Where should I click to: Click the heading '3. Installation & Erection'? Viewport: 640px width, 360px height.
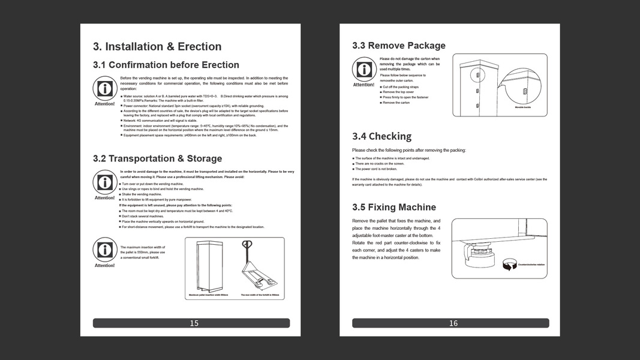pos(157,47)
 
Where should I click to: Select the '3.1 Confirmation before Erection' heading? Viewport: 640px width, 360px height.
pos(166,65)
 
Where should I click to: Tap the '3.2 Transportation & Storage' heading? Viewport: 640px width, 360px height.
pos(157,158)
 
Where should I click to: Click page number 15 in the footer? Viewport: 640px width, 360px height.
pos(194,323)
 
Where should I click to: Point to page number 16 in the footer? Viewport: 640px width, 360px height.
pos(453,323)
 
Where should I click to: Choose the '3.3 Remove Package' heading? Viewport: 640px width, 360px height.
pos(398,46)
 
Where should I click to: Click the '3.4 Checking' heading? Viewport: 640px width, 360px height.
pos(381,136)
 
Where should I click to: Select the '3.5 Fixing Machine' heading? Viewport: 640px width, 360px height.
pos(393,207)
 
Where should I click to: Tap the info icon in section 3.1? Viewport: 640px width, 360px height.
pos(104,89)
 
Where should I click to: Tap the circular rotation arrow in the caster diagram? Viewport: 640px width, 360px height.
pos(509,264)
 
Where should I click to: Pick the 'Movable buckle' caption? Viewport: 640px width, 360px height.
pos(523,107)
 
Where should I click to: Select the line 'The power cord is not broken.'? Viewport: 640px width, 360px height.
pos(376,169)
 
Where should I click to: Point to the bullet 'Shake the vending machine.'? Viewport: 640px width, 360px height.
pos(142,194)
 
